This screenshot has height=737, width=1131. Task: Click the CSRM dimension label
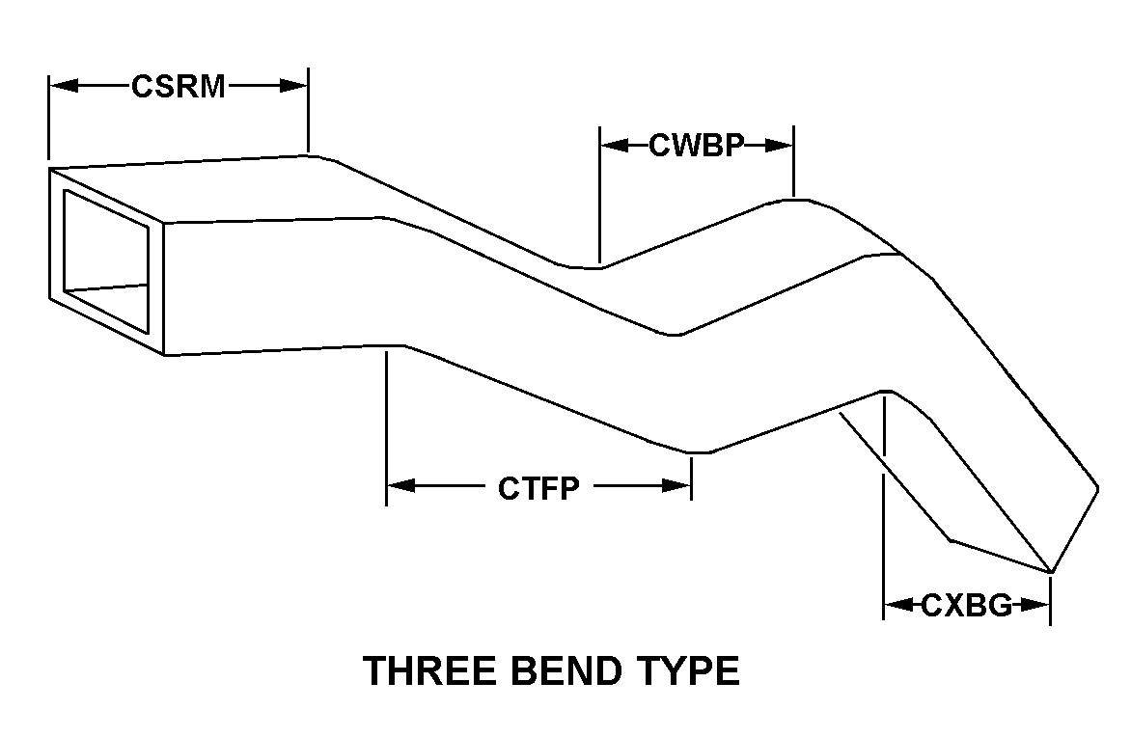[x=179, y=87]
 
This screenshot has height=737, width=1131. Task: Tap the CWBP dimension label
[x=696, y=146]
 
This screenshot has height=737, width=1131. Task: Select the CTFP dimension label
[x=538, y=488]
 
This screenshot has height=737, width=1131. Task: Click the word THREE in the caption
[x=426, y=670]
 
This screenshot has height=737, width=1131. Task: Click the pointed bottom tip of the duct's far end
[x=1051, y=571]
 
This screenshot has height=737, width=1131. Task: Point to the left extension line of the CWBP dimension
[x=599, y=193]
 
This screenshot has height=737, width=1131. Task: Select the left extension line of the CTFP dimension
[x=386, y=424]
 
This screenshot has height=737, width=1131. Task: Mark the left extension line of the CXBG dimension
[x=884, y=521]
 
